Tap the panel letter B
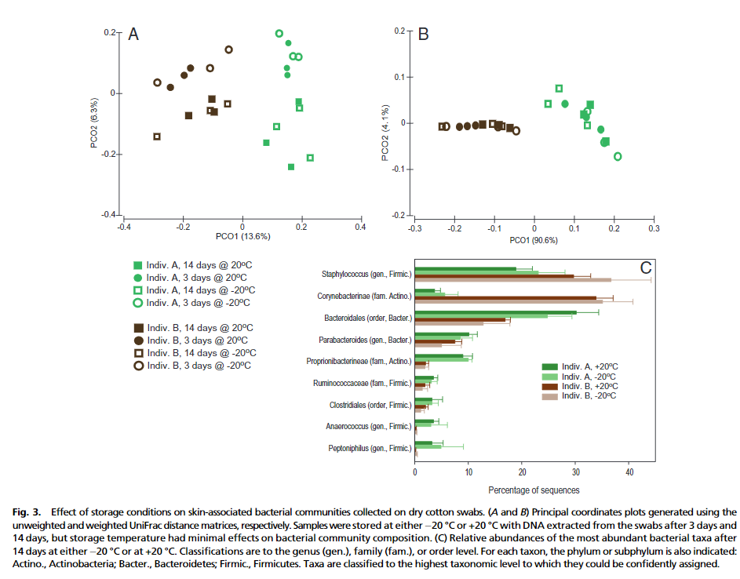(x=423, y=35)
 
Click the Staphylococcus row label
(x=366, y=274)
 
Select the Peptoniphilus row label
(x=368, y=449)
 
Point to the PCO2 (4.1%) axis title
(x=385, y=134)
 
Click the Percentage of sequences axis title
(x=534, y=490)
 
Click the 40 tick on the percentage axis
(x=629, y=473)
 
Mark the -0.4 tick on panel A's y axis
(x=108, y=215)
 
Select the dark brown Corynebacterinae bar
(x=505, y=298)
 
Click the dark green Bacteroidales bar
(x=495, y=312)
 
